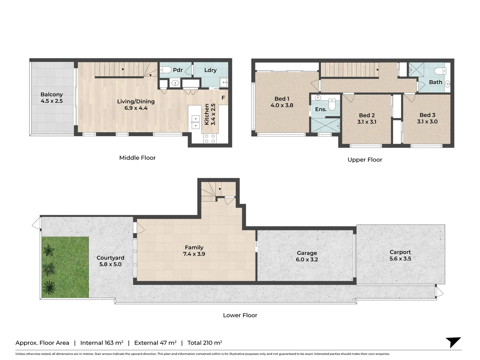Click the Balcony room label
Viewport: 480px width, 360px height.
click(52, 95)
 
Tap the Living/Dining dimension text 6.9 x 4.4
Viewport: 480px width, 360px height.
click(136, 108)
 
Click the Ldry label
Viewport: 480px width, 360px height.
click(210, 70)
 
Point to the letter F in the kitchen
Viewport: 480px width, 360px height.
click(223, 98)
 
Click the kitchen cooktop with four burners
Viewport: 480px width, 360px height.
click(210, 139)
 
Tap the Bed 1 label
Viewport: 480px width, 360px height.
click(282, 99)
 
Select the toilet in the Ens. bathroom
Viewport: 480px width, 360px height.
click(332, 105)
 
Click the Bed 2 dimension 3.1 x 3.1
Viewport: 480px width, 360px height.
click(367, 122)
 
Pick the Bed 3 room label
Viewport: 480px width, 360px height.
click(427, 115)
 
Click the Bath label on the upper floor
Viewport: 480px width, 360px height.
click(435, 82)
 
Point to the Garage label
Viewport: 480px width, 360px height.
click(307, 253)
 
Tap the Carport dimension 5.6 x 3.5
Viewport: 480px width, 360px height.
click(400, 259)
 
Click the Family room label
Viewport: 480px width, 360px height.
click(194, 247)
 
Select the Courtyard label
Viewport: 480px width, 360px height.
click(110, 258)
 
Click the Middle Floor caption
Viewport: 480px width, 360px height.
click(137, 158)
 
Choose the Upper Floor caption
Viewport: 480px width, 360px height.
click(365, 160)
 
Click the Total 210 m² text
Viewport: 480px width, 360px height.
click(205, 343)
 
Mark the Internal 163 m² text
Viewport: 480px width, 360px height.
click(102, 343)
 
